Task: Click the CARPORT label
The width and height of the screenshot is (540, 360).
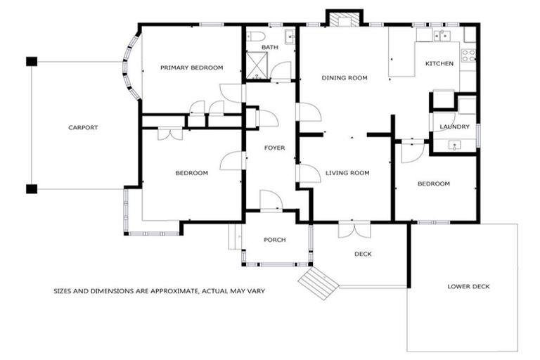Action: tap(83, 127)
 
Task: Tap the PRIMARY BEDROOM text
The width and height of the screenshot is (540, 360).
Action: tap(191, 67)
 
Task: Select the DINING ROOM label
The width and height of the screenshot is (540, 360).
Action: tap(345, 78)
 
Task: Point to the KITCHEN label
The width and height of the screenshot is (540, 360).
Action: tap(439, 64)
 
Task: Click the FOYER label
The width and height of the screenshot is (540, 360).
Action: tap(274, 148)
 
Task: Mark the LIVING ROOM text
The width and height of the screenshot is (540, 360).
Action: tap(347, 172)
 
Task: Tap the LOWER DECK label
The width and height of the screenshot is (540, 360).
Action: tap(468, 286)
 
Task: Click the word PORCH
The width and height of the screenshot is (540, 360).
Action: tap(274, 240)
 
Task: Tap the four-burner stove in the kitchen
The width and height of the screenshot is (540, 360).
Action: tap(468, 53)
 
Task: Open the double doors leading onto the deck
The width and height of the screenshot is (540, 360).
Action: tap(353, 229)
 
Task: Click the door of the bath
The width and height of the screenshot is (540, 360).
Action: tap(281, 72)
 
